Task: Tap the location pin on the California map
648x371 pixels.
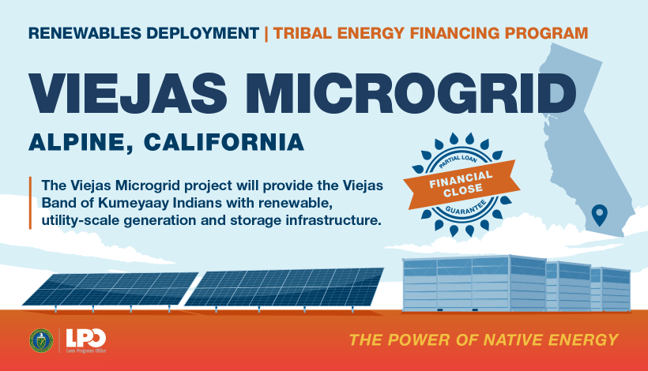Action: click(x=599, y=214)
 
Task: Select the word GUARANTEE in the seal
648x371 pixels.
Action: click(x=462, y=206)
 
